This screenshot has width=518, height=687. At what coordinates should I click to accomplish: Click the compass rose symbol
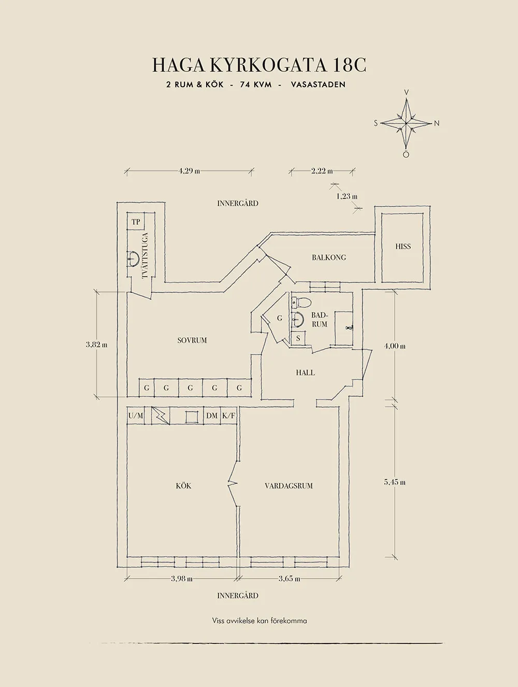[x=407, y=123]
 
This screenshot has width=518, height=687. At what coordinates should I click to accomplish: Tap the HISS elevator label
[x=403, y=247]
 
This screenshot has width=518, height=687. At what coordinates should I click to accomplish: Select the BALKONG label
[x=329, y=257]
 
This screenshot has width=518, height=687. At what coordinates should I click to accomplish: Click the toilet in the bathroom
[x=302, y=302]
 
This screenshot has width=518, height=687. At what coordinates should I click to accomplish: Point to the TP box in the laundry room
[x=136, y=222]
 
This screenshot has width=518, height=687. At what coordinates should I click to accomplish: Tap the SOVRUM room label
[x=192, y=340]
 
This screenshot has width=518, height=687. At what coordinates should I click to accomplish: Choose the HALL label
[x=306, y=373]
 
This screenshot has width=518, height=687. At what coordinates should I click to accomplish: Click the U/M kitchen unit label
[x=136, y=416]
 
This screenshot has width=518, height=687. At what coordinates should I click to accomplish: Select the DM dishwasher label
[x=212, y=416]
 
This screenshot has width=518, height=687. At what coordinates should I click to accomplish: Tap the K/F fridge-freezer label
[x=228, y=416]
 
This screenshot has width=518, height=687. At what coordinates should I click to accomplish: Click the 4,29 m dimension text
[x=189, y=171]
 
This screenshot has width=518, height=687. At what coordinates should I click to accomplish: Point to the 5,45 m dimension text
[x=395, y=482]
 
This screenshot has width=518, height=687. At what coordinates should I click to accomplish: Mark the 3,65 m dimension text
[x=289, y=579]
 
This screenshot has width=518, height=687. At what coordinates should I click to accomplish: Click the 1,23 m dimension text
[x=347, y=196]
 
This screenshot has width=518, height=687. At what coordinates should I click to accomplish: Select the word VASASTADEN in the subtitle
[x=318, y=84]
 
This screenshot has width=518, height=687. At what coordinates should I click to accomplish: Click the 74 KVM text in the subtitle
[x=256, y=84]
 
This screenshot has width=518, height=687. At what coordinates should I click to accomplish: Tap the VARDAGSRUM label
[x=289, y=486]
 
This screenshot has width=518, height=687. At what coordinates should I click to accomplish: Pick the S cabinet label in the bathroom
[x=298, y=338]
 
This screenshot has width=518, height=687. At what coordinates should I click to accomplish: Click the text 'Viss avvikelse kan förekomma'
[x=259, y=621]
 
